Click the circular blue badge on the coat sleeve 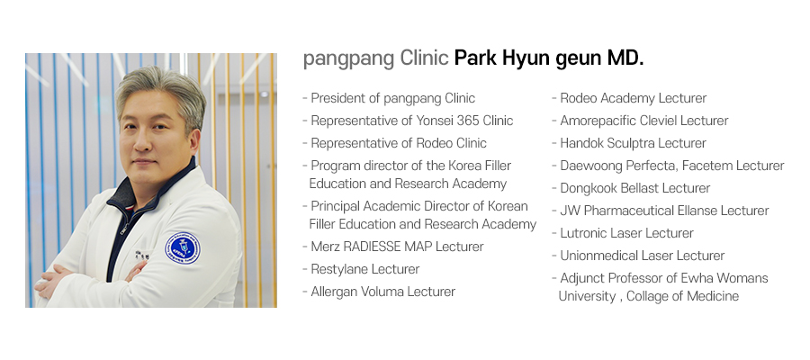(x=183, y=247)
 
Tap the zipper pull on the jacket (x=124, y=229)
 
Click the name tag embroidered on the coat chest (x=141, y=256)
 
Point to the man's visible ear (x=193, y=141)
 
